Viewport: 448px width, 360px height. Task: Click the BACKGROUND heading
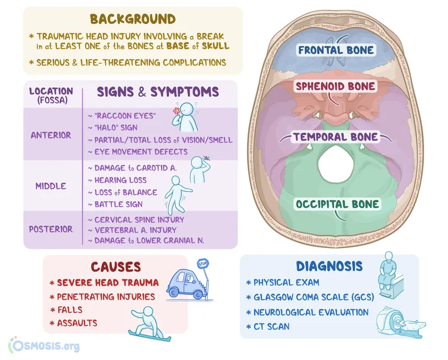point(132,20)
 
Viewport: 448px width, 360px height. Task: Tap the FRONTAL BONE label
point(336,50)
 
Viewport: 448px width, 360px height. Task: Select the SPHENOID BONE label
point(336,87)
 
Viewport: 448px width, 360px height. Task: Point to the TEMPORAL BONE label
point(337,137)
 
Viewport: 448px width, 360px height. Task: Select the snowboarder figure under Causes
point(148,321)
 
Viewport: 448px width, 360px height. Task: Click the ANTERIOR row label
point(51,135)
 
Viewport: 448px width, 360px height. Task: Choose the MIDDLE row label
point(51,186)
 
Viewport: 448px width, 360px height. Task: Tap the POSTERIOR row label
point(51,229)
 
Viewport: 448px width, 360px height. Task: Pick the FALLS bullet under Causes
point(69,310)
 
